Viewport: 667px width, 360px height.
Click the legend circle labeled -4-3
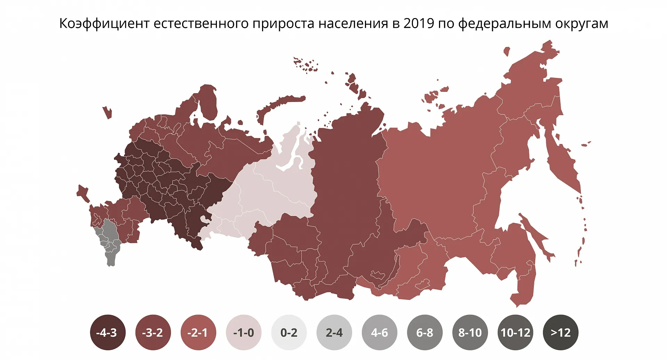coord(108,333)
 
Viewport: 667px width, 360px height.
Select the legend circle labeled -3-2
coord(153,333)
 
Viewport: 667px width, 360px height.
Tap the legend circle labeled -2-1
coord(198,333)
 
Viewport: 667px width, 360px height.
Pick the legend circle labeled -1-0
coord(243,333)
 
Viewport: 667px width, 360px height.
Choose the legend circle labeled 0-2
coord(289,333)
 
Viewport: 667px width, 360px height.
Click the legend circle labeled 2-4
coord(334,333)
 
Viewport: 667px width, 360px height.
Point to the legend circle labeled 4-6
coord(379,333)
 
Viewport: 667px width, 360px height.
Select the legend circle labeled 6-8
coord(424,333)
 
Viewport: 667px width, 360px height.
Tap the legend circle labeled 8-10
coord(470,333)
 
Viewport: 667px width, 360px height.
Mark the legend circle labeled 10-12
coord(515,333)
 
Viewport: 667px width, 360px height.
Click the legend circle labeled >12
coord(560,333)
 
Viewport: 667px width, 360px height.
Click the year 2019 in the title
coord(419,23)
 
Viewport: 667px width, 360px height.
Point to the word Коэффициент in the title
coord(104,23)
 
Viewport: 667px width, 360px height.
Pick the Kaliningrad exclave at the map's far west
coord(107,112)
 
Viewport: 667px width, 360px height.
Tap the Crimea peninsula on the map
coord(82,193)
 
